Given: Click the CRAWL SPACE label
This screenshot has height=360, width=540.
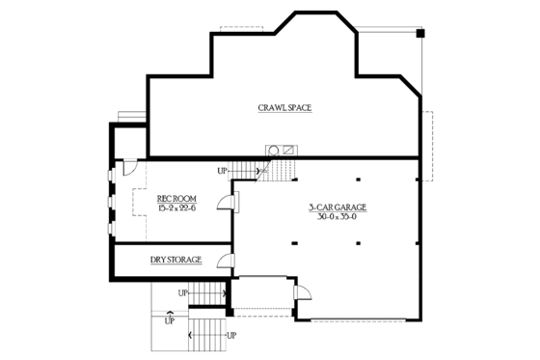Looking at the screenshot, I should (x=283, y=107).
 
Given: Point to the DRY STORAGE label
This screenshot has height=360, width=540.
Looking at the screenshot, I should (x=175, y=261).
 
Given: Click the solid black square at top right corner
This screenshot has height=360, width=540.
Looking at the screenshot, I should (x=419, y=35).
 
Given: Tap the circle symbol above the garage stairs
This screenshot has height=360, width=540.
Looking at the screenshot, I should (x=273, y=150).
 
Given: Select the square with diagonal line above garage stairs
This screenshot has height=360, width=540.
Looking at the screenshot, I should (x=287, y=150).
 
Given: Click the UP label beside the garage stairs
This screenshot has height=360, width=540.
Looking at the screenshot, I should (x=222, y=171).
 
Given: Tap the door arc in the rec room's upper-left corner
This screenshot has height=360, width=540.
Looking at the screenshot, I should (x=125, y=169).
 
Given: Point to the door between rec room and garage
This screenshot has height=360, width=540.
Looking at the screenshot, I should (x=225, y=201).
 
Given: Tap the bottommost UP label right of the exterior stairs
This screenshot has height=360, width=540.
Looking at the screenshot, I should (x=230, y=335).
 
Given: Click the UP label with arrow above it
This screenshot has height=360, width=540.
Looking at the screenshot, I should (x=170, y=319).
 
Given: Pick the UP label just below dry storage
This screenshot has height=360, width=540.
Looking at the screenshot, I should (x=183, y=291).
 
